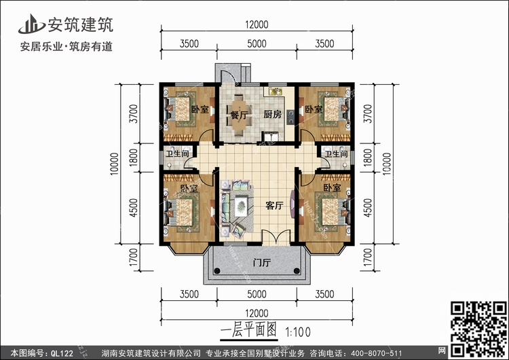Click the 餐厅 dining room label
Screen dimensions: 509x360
click(x=240, y=115)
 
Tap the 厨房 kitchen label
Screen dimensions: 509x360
click(x=272, y=114)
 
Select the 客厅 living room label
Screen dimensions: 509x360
click(x=274, y=205)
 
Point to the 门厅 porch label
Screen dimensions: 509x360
click(x=262, y=262)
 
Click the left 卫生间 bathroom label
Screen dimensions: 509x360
click(x=177, y=154)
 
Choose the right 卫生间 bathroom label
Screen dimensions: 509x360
click(x=337, y=154)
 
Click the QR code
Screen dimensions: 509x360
click(x=478, y=329)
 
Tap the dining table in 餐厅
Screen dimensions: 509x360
click(x=240, y=115)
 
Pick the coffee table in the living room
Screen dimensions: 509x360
click(x=240, y=206)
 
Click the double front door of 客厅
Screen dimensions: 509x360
click(x=276, y=237)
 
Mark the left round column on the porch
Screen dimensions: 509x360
click(x=217, y=270)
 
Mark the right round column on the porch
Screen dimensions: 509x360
click(x=297, y=270)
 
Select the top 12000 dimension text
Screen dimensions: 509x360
click(x=257, y=24)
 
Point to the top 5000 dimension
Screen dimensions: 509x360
click(x=257, y=43)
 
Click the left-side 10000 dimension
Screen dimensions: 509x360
click(x=115, y=164)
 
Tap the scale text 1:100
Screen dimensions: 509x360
click(x=298, y=332)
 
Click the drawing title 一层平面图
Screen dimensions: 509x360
click(x=248, y=331)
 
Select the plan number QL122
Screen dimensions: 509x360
click(x=62, y=353)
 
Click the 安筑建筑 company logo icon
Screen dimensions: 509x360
click(x=31, y=24)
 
